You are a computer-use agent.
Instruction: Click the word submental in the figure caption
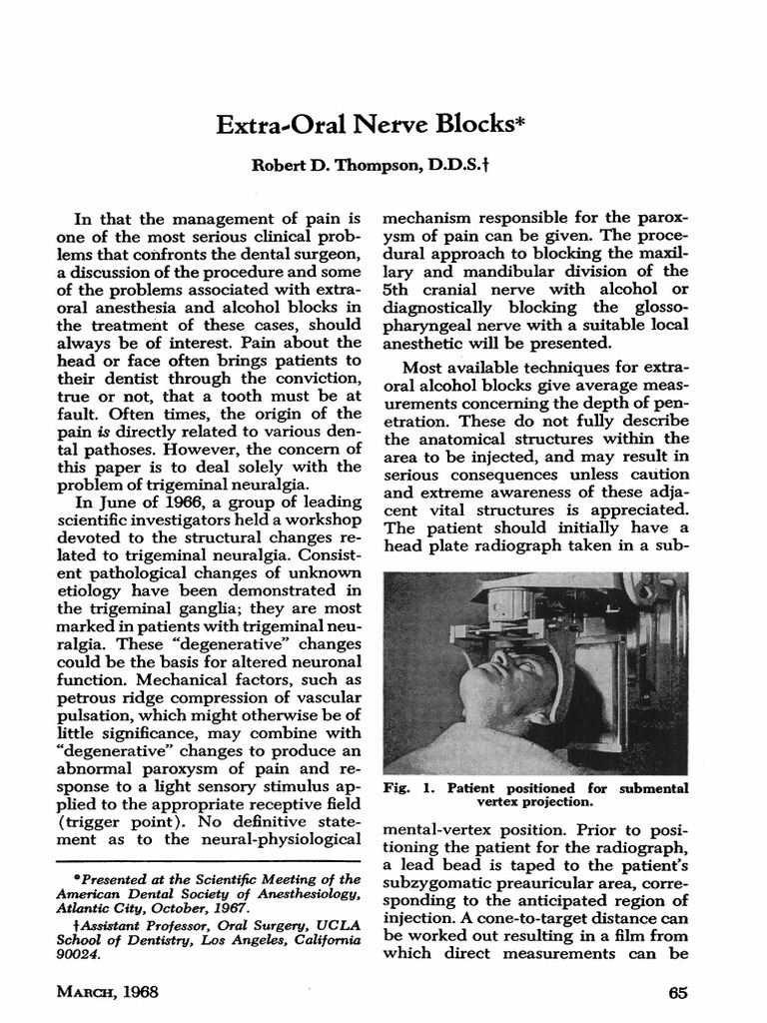pyautogui.click(x=656, y=788)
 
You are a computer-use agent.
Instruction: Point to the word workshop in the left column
pyautogui.click(x=317, y=520)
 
